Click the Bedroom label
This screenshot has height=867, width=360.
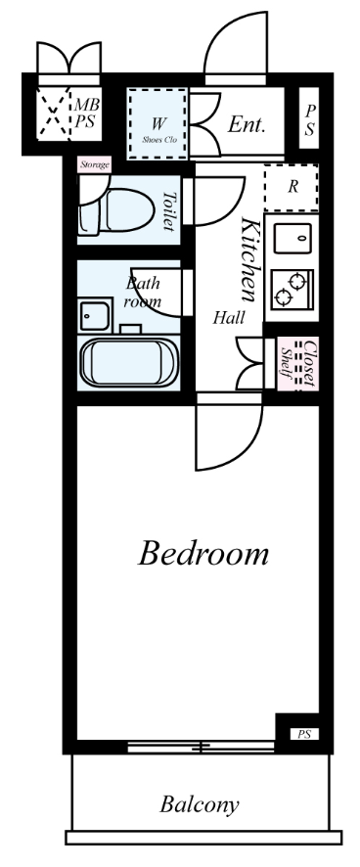(202, 554)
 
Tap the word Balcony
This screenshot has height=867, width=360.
(200, 805)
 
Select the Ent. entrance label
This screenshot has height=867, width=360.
(247, 124)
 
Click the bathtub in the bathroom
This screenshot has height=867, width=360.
(129, 362)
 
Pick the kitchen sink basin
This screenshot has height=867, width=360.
(292, 236)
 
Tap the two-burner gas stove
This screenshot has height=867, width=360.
(292, 290)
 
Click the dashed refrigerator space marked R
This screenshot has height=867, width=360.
(292, 188)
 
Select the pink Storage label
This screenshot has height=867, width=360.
(94, 164)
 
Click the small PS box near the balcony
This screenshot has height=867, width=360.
(304, 734)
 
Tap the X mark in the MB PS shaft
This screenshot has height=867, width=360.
(54, 114)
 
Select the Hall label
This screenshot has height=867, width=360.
(230, 318)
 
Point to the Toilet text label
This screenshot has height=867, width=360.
(169, 210)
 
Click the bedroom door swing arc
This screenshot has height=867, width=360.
(251, 447)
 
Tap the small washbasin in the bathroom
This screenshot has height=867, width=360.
(95, 316)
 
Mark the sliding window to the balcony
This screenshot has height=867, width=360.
(202, 747)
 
